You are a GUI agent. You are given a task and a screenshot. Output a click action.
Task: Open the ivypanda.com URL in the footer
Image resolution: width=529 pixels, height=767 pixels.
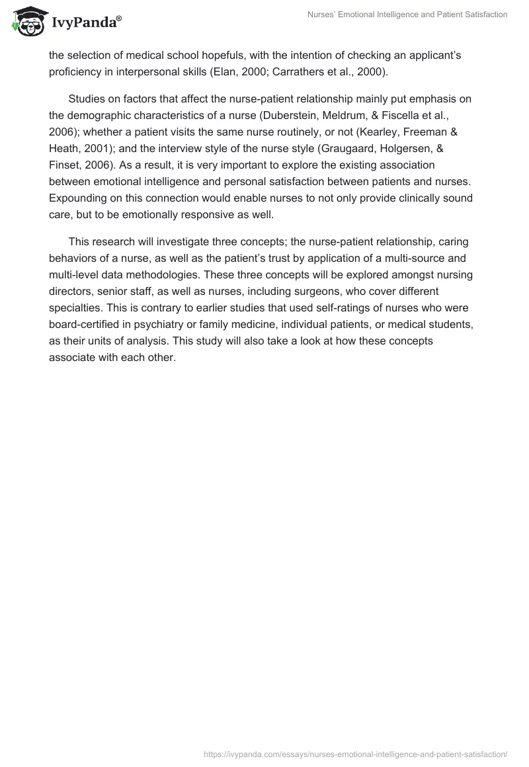point(356,753)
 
